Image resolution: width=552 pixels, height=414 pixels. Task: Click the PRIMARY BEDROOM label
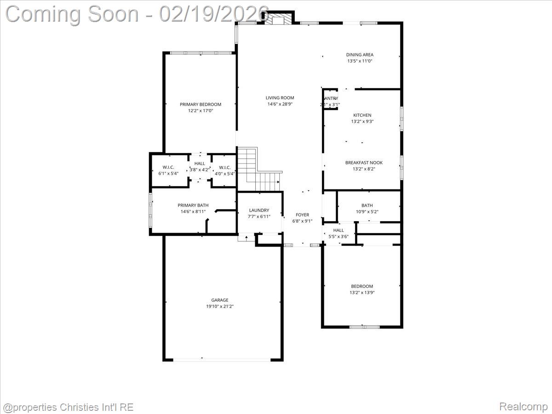click(200, 104)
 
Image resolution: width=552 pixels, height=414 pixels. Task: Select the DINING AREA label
click(360, 55)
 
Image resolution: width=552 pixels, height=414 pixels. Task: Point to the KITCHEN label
click(362, 115)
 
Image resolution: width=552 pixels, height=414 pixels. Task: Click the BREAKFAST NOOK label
click(364, 162)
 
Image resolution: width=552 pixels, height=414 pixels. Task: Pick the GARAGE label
click(220, 300)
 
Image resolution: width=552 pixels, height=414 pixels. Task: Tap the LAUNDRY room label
click(259, 210)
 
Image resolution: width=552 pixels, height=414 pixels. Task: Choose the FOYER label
click(302, 215)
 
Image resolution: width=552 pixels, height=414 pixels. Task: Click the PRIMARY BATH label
click(193, 205)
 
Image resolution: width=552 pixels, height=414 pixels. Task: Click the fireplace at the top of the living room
click(277, 19)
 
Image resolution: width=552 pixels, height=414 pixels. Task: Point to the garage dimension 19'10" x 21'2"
click(220, 306)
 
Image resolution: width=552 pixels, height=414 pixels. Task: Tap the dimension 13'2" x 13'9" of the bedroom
click(362, 293)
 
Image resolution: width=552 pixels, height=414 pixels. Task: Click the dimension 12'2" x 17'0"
click(200, 111)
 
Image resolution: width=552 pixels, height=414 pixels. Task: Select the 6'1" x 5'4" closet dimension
click(167, 173)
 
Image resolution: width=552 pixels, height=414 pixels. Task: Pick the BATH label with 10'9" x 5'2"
click(367, 206)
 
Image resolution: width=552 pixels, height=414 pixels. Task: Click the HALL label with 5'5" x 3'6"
click(338, 230)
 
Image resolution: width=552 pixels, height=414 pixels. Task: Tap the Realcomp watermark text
click(523, 407)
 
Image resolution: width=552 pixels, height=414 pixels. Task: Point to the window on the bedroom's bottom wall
click(364, 327)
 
